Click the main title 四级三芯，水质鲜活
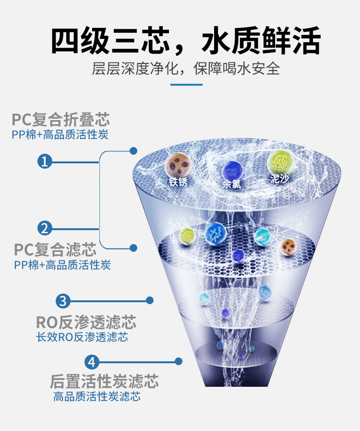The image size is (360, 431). [185, 40]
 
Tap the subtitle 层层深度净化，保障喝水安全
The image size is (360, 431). [185, 68]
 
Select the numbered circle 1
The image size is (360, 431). [45, 161]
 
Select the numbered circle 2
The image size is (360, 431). [45, 228]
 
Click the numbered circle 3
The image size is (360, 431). [63, 301]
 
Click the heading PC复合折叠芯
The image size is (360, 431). [61, 119]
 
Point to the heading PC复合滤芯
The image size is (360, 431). [55, 249]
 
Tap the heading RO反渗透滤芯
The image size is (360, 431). [86, 321]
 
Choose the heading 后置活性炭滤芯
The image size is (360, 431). [104, 382]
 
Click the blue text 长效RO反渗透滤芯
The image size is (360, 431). [82, 337]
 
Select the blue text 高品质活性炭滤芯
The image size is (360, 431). [97, 396]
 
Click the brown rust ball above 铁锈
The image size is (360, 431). [179, 165]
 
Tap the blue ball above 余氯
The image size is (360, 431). [231, 170]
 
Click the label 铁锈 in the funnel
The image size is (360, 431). [178, 182]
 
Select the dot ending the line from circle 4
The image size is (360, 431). [179, 361]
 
